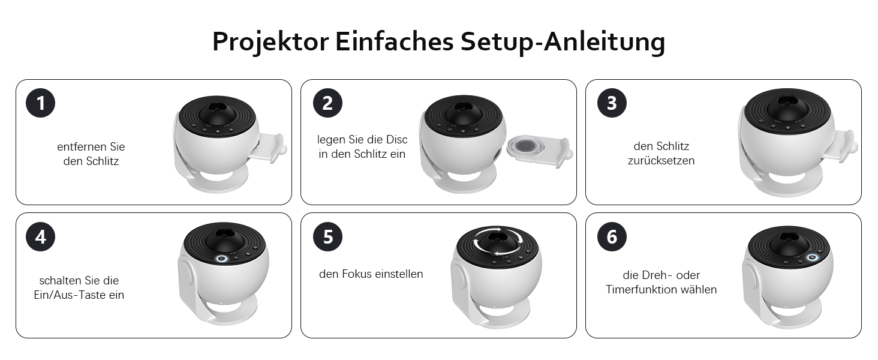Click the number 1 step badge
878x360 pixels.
40,103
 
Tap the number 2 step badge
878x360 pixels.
327,103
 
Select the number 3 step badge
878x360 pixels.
612,103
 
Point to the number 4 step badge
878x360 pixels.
40,237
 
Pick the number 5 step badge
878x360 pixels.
327,237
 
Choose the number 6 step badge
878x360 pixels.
612,237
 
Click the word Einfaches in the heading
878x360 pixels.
394,41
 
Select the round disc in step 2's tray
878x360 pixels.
525,146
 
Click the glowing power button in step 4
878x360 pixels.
221,259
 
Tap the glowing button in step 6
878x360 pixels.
812,257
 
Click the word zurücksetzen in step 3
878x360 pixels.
661,161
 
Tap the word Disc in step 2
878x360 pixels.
397,140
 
